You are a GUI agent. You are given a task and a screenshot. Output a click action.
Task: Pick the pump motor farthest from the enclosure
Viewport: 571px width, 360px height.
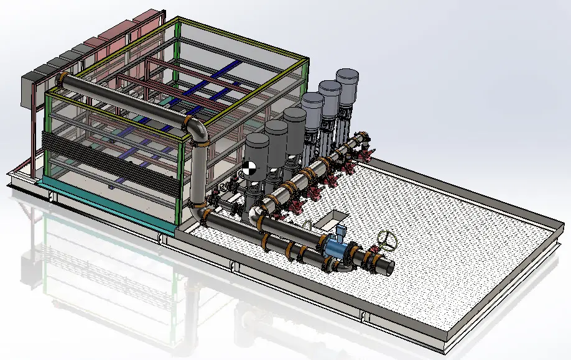point(347,83)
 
